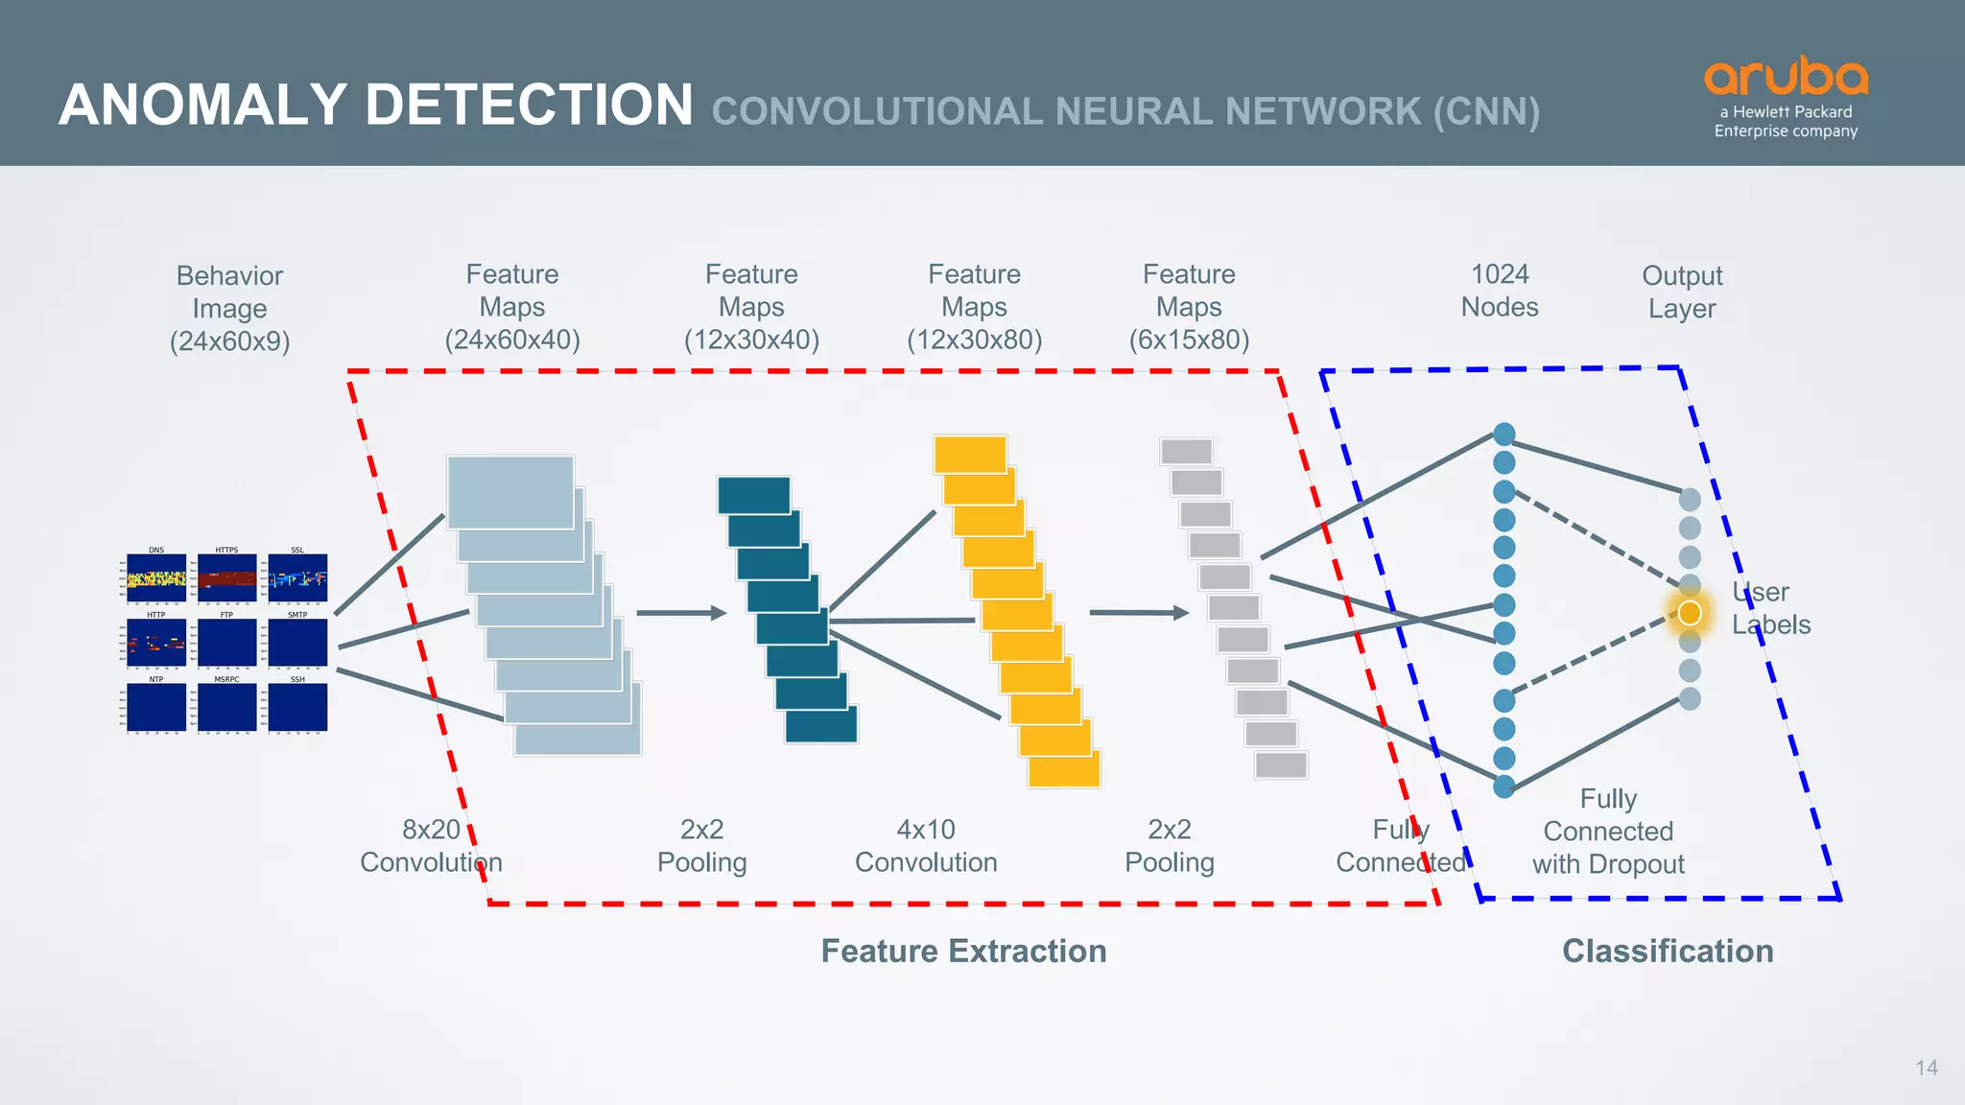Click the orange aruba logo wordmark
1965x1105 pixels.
[1786, 77]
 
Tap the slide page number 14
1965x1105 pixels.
[1926, 1068]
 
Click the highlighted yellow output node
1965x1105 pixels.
[1690, 613]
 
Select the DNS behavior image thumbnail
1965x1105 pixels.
[156, 577]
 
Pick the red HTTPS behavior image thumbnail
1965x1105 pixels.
[227, 577]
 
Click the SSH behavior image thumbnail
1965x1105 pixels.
[297, 707]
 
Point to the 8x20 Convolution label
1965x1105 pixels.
[431, 845]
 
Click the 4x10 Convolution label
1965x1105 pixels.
[926, 845]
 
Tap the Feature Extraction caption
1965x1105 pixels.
[963, 951]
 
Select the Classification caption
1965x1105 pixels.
[1668, 951]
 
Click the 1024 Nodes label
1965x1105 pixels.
[1500, 290]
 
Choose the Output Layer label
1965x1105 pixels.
[1682, 292]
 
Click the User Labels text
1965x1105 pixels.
[1770, 608]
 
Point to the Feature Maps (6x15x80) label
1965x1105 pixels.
[1189, 306]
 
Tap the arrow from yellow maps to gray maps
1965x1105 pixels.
[1138, 612]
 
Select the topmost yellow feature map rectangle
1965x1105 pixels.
[970, 455]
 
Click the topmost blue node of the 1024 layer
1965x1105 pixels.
[1504, 435]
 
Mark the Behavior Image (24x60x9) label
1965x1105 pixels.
[229, 308]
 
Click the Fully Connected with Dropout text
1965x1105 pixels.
[1608, 831]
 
